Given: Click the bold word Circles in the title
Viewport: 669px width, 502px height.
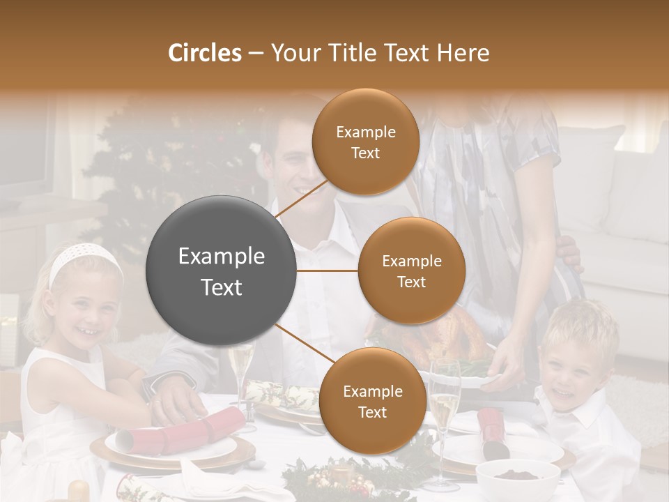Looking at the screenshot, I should click(x=204, y=53).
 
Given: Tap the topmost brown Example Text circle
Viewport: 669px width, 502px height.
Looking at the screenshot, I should click(x=365, y=142).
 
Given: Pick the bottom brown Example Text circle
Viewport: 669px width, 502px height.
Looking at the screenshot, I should click(x=372, y=401).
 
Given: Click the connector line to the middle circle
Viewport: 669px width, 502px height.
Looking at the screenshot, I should click(x=327, y=271).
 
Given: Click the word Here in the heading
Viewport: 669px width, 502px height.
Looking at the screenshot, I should click(x=463, y=53).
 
